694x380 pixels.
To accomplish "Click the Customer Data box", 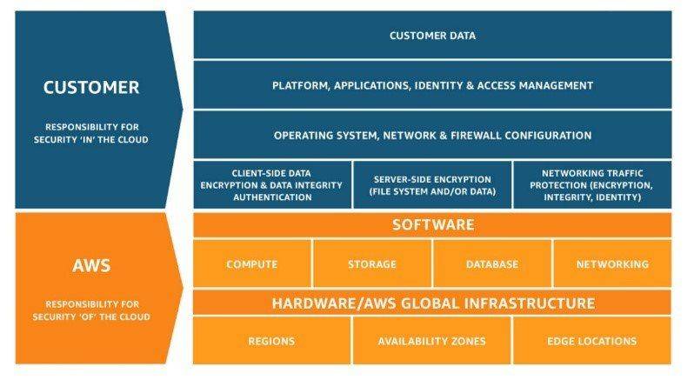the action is (x=432, y=35).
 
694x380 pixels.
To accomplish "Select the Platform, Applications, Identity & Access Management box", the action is (x=432, y=85).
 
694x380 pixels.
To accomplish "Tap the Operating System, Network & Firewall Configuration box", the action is (x=432, y=135).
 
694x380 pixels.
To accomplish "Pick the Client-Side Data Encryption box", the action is (x=272, y=185).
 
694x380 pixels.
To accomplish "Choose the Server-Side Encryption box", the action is (x=432, y=185).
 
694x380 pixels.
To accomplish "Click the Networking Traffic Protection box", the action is (x=592, y=185).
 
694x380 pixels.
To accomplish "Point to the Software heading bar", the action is (x=432, y=224).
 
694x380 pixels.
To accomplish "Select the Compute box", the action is (x=252, y=263).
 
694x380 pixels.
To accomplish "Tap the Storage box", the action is (x=372, y=263).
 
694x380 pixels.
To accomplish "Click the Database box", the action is (x=492, y=263).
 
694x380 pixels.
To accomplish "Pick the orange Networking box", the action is (x=612, y=263).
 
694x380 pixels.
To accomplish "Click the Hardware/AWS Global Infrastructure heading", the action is (x=433, y=303).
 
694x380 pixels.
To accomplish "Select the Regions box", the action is (x=271, y=341).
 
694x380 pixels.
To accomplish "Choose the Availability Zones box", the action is (x=432, y=341).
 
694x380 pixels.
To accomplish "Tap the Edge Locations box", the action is (x=592, y=341).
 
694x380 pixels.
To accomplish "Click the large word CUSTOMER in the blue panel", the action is (x=91, y=87).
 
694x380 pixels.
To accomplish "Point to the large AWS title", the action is (x=91, y=265).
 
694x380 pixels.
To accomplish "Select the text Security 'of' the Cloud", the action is (x=91, y=317).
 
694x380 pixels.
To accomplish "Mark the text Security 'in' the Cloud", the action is (x=91, y=139).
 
